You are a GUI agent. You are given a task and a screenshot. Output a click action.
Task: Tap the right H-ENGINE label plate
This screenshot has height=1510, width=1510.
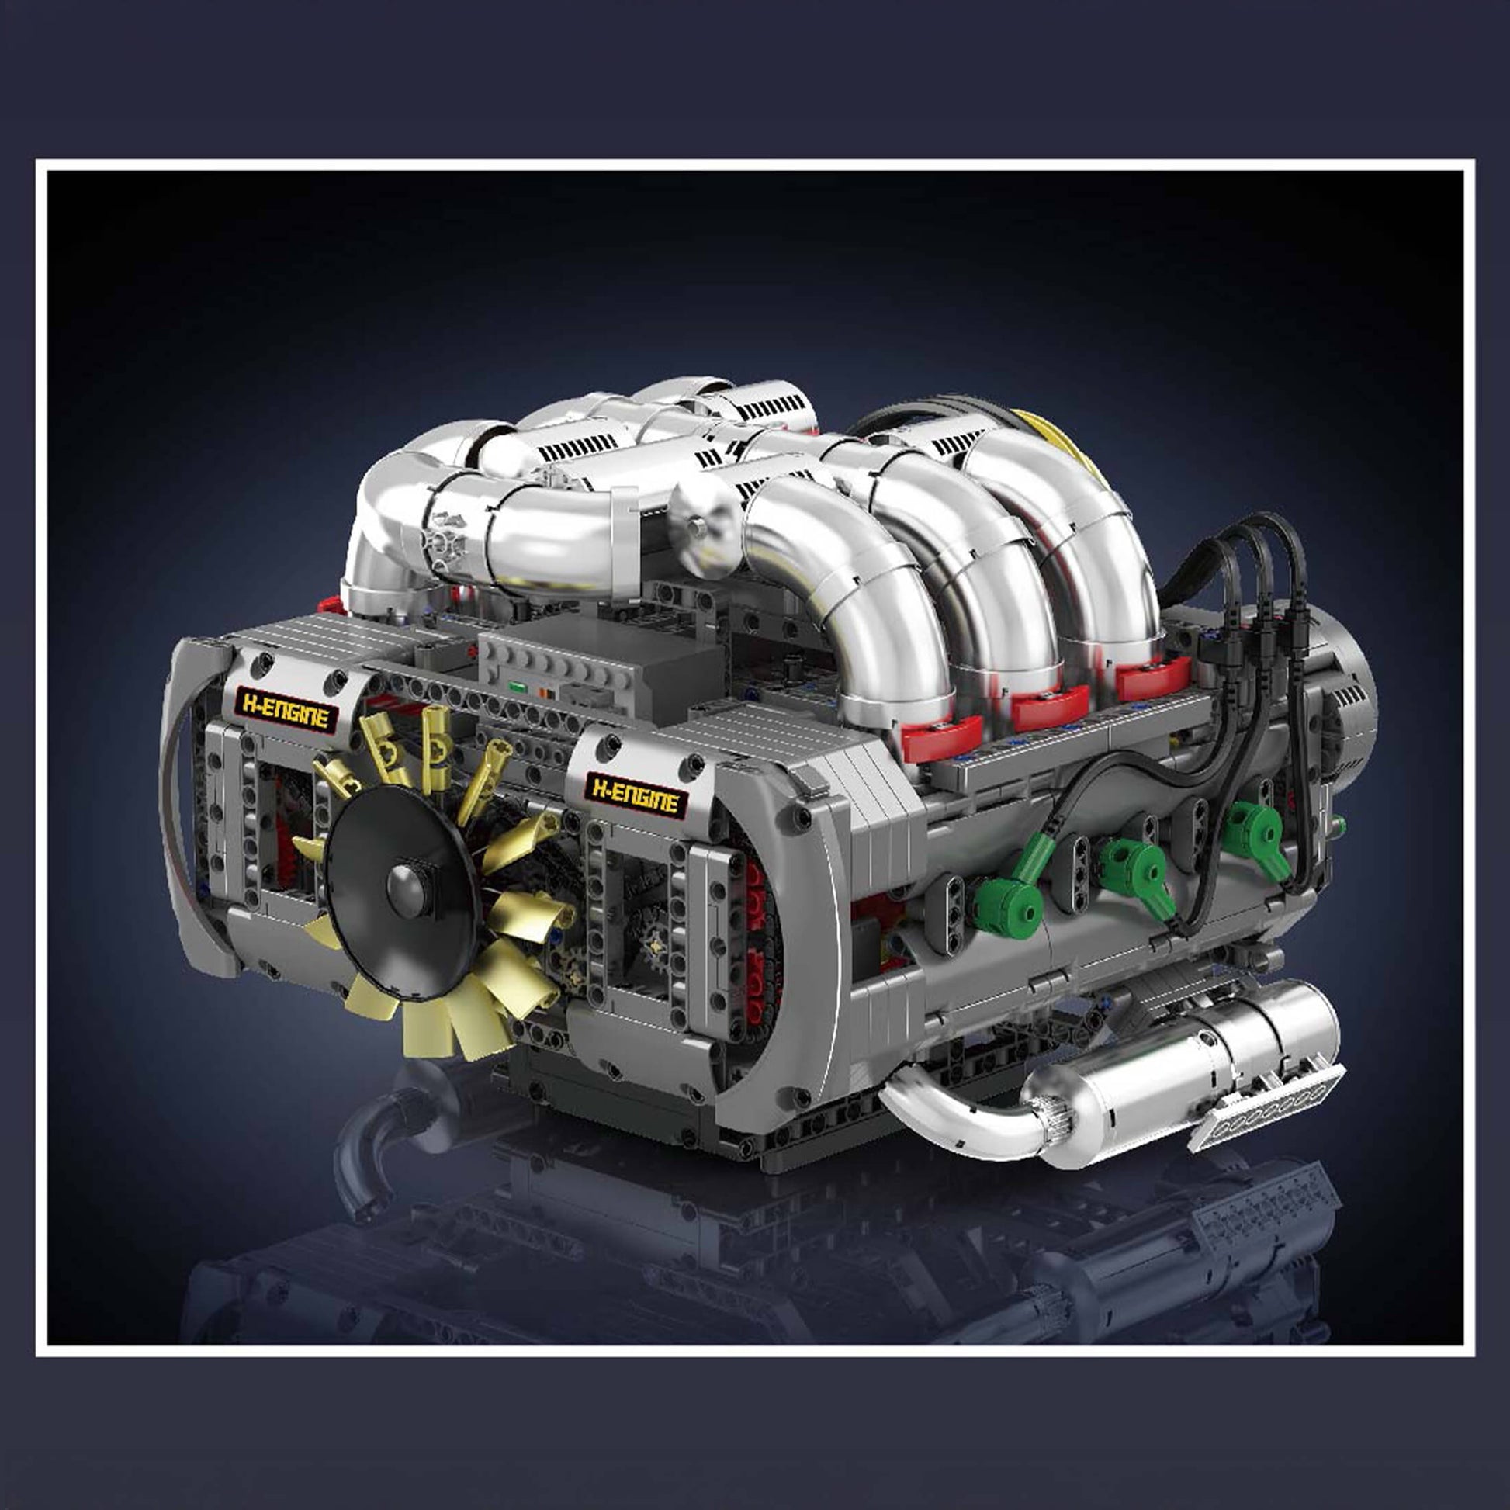point(636,794)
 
